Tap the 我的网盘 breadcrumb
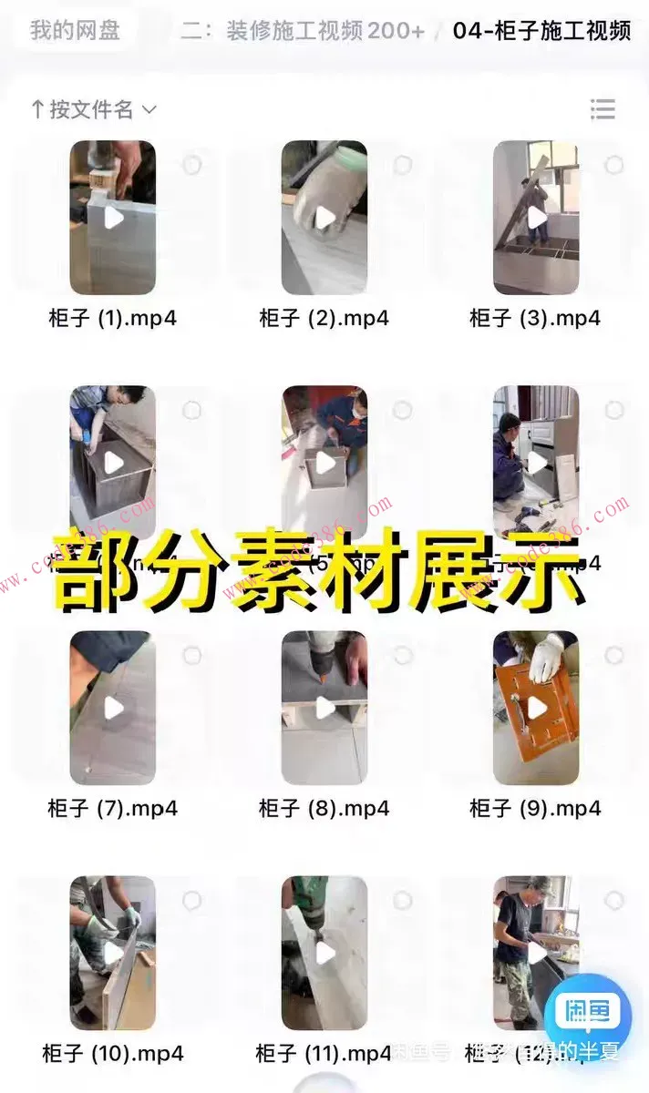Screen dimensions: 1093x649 coord(75,30)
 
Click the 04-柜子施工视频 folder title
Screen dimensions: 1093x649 coord(541,30)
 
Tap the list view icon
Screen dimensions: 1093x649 coord(603,110)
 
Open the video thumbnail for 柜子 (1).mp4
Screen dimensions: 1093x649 coord(112,217)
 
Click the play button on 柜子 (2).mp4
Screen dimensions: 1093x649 coord(324,218)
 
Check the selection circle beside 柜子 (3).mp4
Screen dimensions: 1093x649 coord(614,165)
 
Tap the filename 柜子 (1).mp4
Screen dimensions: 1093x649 coord(112,318)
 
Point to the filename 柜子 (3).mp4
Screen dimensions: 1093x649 coord(535,318)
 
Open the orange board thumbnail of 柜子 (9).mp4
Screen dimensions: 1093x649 coord(535,707)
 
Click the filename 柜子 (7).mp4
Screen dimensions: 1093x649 coord(112,808)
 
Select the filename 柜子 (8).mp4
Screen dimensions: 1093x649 coord(324,808)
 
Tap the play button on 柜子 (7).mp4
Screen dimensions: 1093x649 coord(113,708)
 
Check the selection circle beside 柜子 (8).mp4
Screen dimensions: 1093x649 coord(403,655)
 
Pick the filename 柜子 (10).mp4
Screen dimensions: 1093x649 coord(112,1054)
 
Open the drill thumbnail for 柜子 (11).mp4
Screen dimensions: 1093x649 coord(324,952)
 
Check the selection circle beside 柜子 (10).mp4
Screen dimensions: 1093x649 coord(191,900)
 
